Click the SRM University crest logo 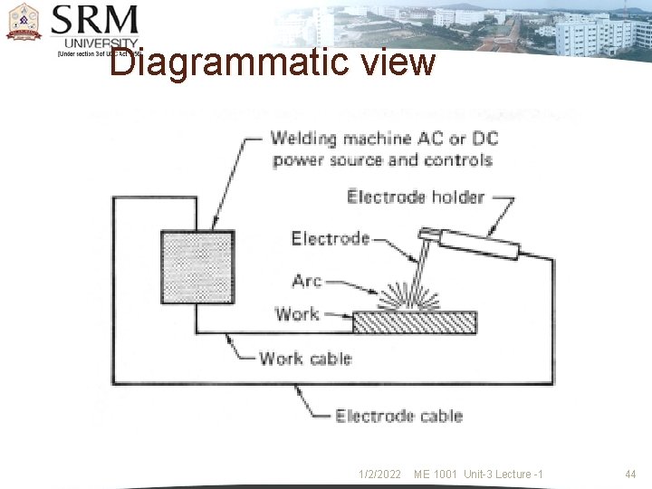point(24,23)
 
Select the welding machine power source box point(197,266)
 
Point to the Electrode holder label point(416,197)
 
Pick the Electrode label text point(331,239)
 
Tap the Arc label point(307,281)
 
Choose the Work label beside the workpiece point(297,314)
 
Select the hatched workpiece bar point(414,322)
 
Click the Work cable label point(304,359)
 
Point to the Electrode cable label point(398,417)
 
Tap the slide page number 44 point(631,475)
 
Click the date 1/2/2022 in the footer point(380,475)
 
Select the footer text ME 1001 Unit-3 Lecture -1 point(478,475)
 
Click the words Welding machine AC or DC point(384,139)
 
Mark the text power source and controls point(382,160)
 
